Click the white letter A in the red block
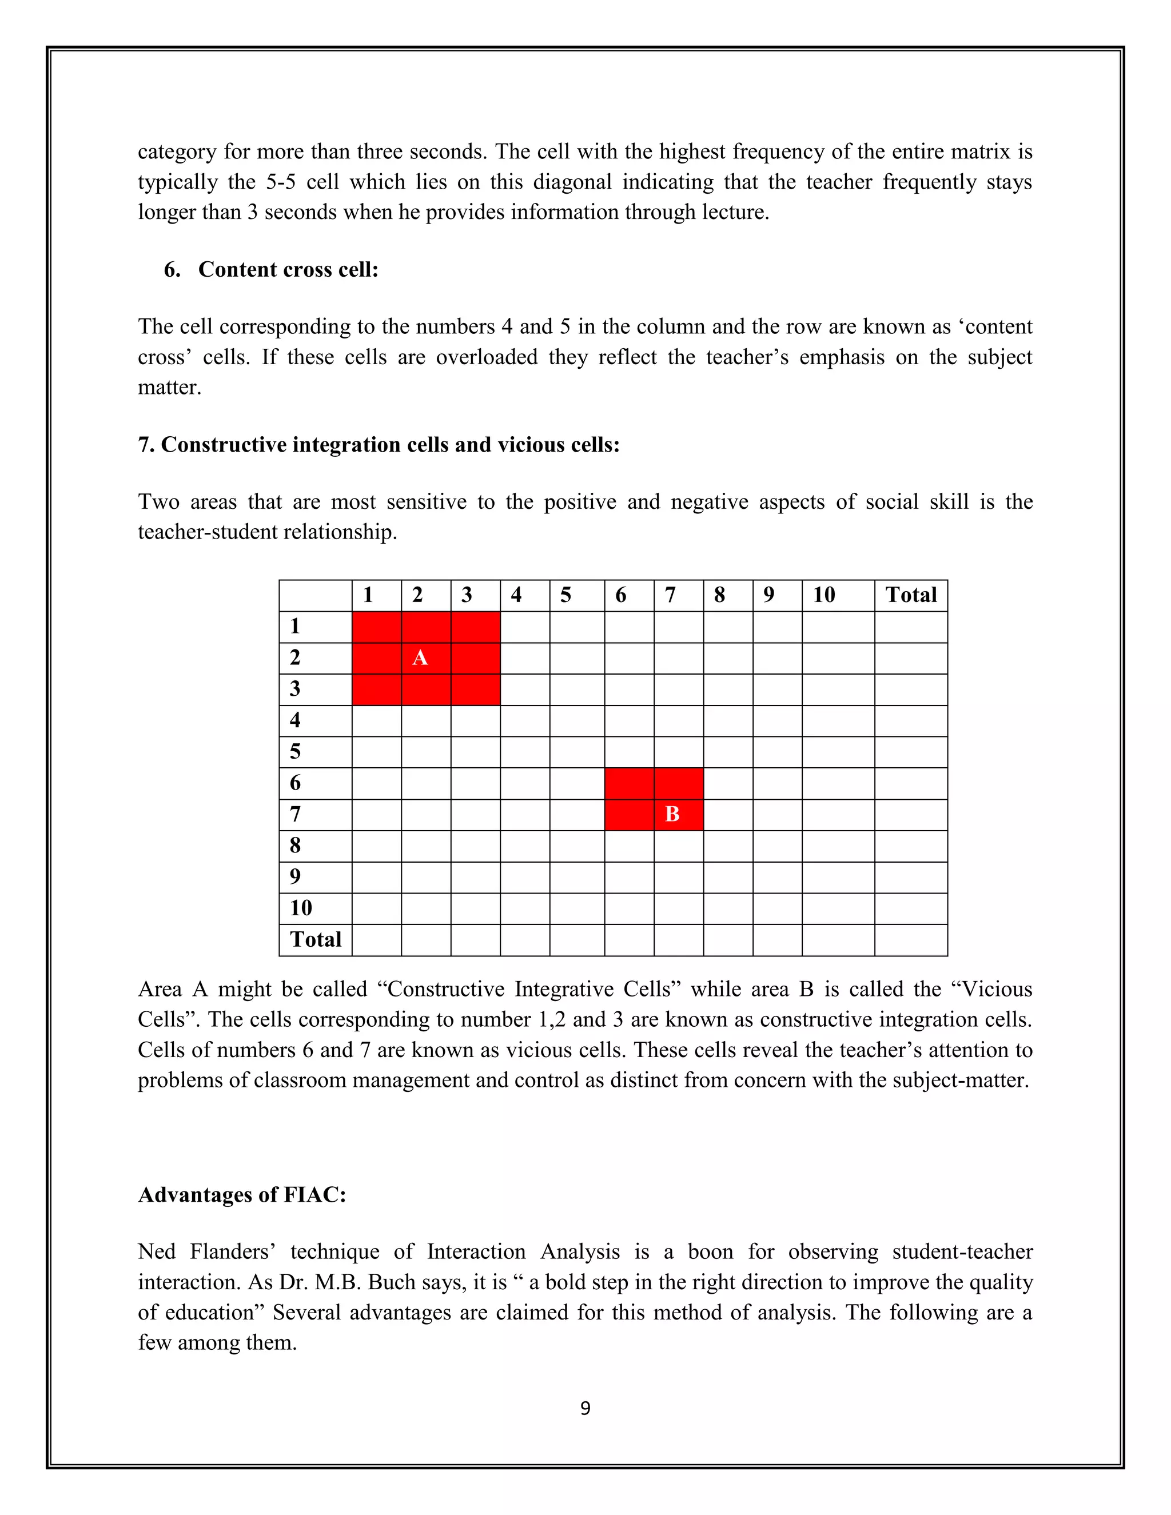[x=420, y=657]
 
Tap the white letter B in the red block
[x=671, y=814]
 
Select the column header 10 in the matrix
[x=824, y=595]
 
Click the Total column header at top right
[x=911, y=595]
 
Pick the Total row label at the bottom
[x=316, y=939]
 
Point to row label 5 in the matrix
[x=296, y=751]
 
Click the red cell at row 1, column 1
[x=377, y=627]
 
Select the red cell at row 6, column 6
[x=628, y=783]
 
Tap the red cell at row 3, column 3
[x=475, y=689]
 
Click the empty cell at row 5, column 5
[x=576, y=752]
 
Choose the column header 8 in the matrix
[x=719, y=595]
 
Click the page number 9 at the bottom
[x=585, y=1408]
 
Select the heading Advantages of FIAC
[x=242, y=1194]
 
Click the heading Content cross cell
[x=288, y=269]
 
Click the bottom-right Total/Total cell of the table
[x=911, y=940]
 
